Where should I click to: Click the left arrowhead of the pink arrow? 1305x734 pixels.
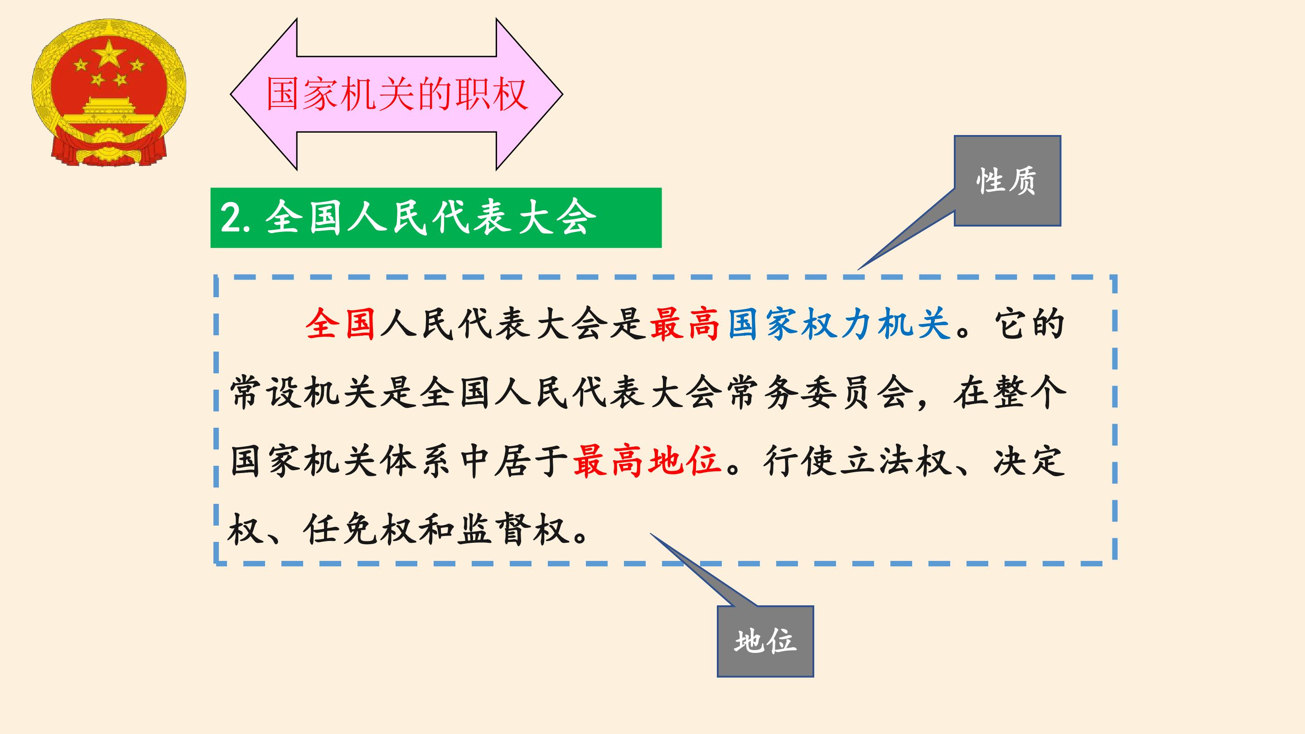point(263,94)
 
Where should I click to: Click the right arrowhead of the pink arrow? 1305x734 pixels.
point(529,94)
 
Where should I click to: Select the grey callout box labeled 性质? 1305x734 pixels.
point(1007,181)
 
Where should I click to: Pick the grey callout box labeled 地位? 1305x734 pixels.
point(765,641)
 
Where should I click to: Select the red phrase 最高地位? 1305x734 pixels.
point(647,461)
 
